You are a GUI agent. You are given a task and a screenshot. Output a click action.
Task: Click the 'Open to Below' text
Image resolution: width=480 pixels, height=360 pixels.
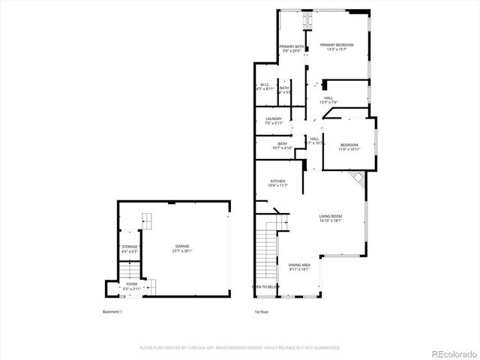[265, 286]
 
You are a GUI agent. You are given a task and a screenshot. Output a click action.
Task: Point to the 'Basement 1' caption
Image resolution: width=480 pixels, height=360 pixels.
[112, 311]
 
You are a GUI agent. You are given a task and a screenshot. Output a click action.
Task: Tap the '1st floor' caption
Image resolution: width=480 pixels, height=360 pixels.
[262, 311]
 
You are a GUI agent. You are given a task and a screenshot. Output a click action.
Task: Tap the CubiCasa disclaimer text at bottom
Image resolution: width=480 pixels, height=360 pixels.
[240, 347]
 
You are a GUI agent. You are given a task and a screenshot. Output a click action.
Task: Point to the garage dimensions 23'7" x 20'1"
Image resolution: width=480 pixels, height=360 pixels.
[182, 251]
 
